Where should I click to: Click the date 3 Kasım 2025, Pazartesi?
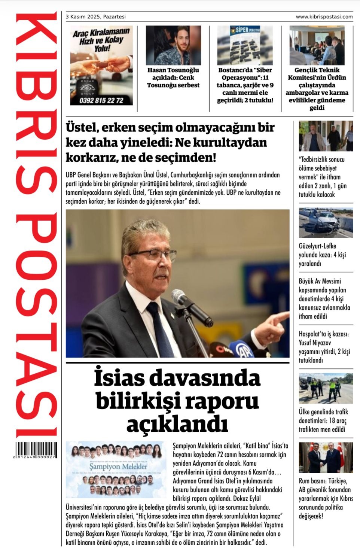tap(96, 17)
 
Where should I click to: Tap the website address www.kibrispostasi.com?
tap(324, 17)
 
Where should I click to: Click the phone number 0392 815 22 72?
tap(101, 100)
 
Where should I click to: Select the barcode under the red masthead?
tap(36, 449)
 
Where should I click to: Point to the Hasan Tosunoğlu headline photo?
tap(173, 45)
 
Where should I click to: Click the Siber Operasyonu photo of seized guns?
tap(245, 45)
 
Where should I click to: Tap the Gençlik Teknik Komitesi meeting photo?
tap(317, 45)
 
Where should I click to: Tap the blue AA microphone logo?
tap(244, 350)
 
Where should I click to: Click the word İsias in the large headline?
tap(119, 378)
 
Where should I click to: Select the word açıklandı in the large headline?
tap(177, 424)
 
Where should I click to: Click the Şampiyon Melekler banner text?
tap(118, 467)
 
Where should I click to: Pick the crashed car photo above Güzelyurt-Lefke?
tap(326, 223)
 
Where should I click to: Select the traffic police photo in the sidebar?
tap(326, 388)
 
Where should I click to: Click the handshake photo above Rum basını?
tap(326, 457)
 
